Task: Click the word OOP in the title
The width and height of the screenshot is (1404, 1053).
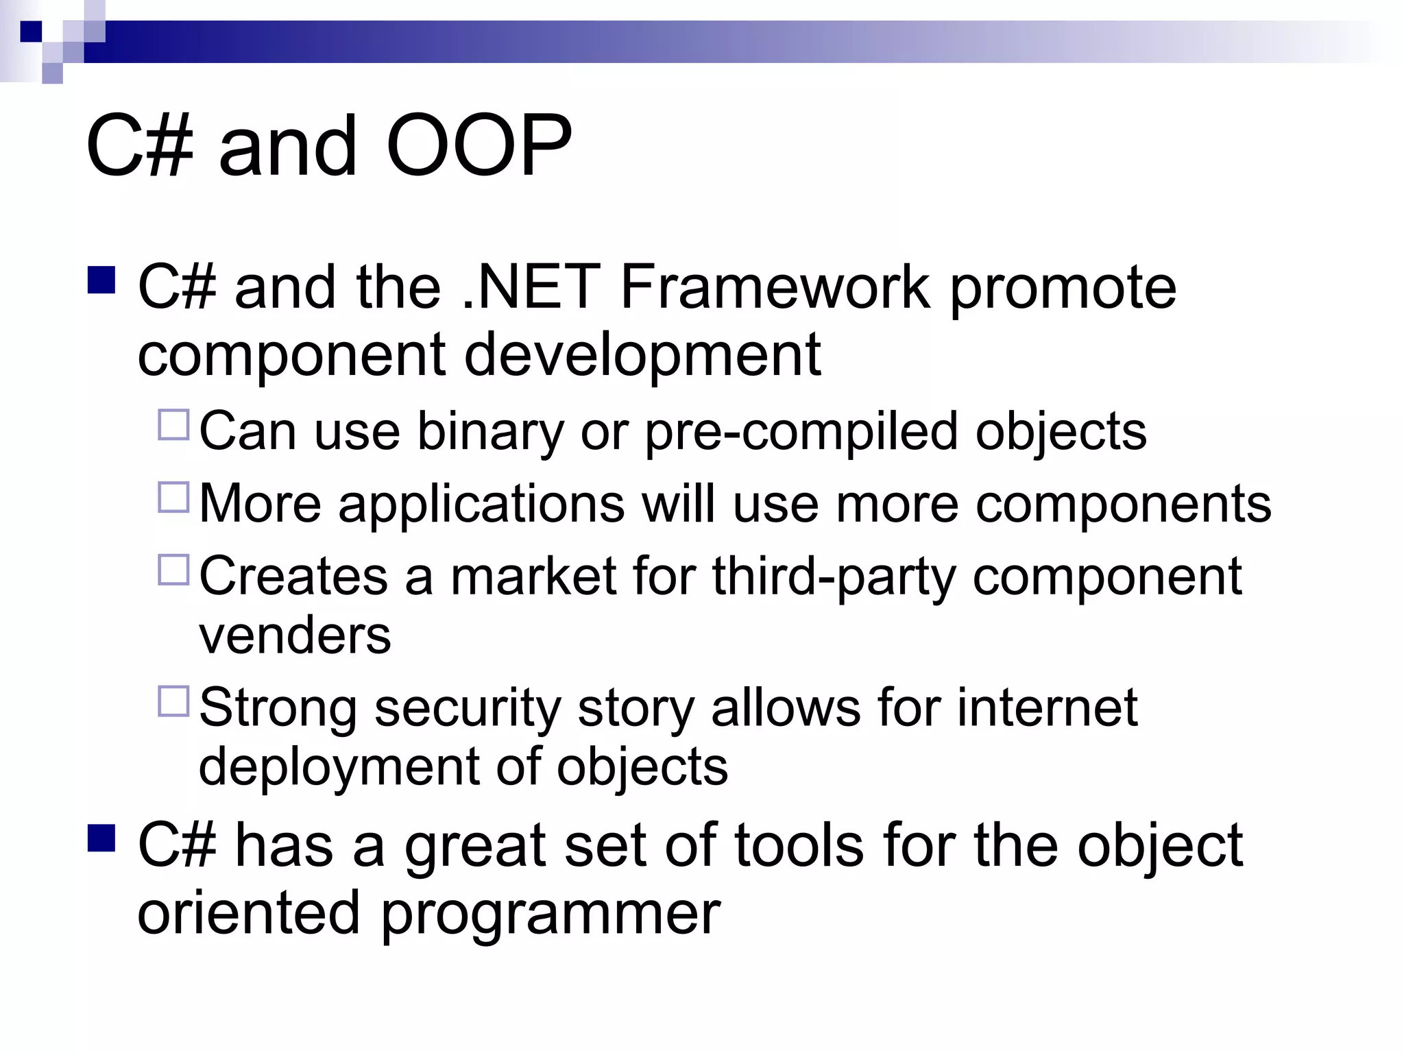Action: tap(479, 146)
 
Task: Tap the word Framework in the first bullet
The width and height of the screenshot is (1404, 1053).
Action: tap(775, 287)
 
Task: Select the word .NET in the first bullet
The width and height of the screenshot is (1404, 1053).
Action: tap(531, 287)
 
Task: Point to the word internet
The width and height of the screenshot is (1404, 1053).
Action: tap(1047, 707)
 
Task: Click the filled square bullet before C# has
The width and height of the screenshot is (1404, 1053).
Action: tap(101, 838)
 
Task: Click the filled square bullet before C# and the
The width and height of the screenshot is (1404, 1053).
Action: tap(101, 280)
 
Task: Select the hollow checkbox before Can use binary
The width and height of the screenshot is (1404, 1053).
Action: tap(173, 425)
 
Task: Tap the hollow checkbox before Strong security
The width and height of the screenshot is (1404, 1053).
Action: tap(173, 701)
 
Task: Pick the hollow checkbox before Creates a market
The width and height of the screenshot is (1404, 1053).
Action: tap(173, 570)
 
